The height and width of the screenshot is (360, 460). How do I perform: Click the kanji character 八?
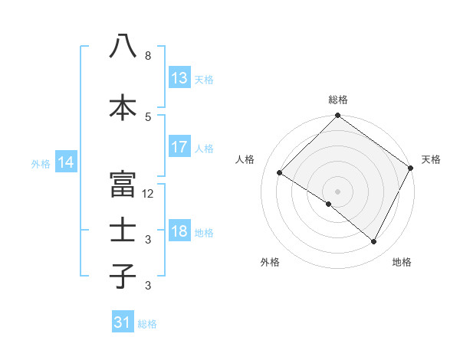click(x=123, y=47)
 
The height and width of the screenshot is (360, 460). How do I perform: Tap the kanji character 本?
click(x=123, y=108)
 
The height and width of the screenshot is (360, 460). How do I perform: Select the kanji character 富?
click(x=123, y=185)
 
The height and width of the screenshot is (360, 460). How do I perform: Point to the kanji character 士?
click(x=123, y=231)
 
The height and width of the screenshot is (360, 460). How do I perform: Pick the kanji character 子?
click(x=123, y=277)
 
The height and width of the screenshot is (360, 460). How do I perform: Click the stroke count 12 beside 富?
click(x=148, y=194)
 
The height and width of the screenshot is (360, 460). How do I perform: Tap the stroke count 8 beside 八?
click(x=148, y=56)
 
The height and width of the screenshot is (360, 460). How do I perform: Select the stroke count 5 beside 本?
click(x=148, y=116)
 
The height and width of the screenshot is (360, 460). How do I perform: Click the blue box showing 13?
click(x=179, y=78)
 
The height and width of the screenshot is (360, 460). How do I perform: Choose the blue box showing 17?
click(x=179, y=147)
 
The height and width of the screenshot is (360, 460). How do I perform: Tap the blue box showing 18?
click(x=179, y=231)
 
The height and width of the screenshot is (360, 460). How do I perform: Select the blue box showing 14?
click(x=66, y=162)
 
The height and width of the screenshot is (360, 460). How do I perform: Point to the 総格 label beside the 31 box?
click(x=147, y=324)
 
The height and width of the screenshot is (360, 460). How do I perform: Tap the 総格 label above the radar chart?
click(x=338, y=100)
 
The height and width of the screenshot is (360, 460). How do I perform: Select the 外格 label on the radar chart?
click(x=270, y=262)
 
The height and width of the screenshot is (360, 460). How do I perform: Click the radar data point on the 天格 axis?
click(x=411, y=168)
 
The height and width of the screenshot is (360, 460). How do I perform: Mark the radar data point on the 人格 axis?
click(x=280, y=173)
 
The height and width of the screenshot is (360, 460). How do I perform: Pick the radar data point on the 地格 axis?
click(x=374, y=242)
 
